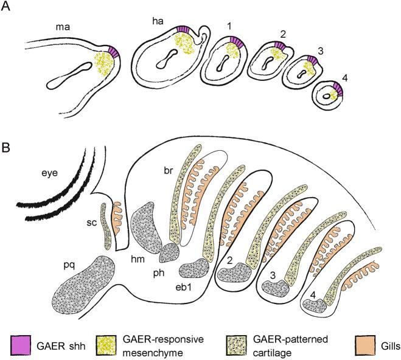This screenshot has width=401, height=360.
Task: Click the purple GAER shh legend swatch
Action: [21, 344]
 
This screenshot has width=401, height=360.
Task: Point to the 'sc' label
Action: [91, 222]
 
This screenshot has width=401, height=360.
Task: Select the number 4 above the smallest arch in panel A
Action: [329, 77]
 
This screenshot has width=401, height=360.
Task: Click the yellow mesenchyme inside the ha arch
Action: [183, 47]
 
